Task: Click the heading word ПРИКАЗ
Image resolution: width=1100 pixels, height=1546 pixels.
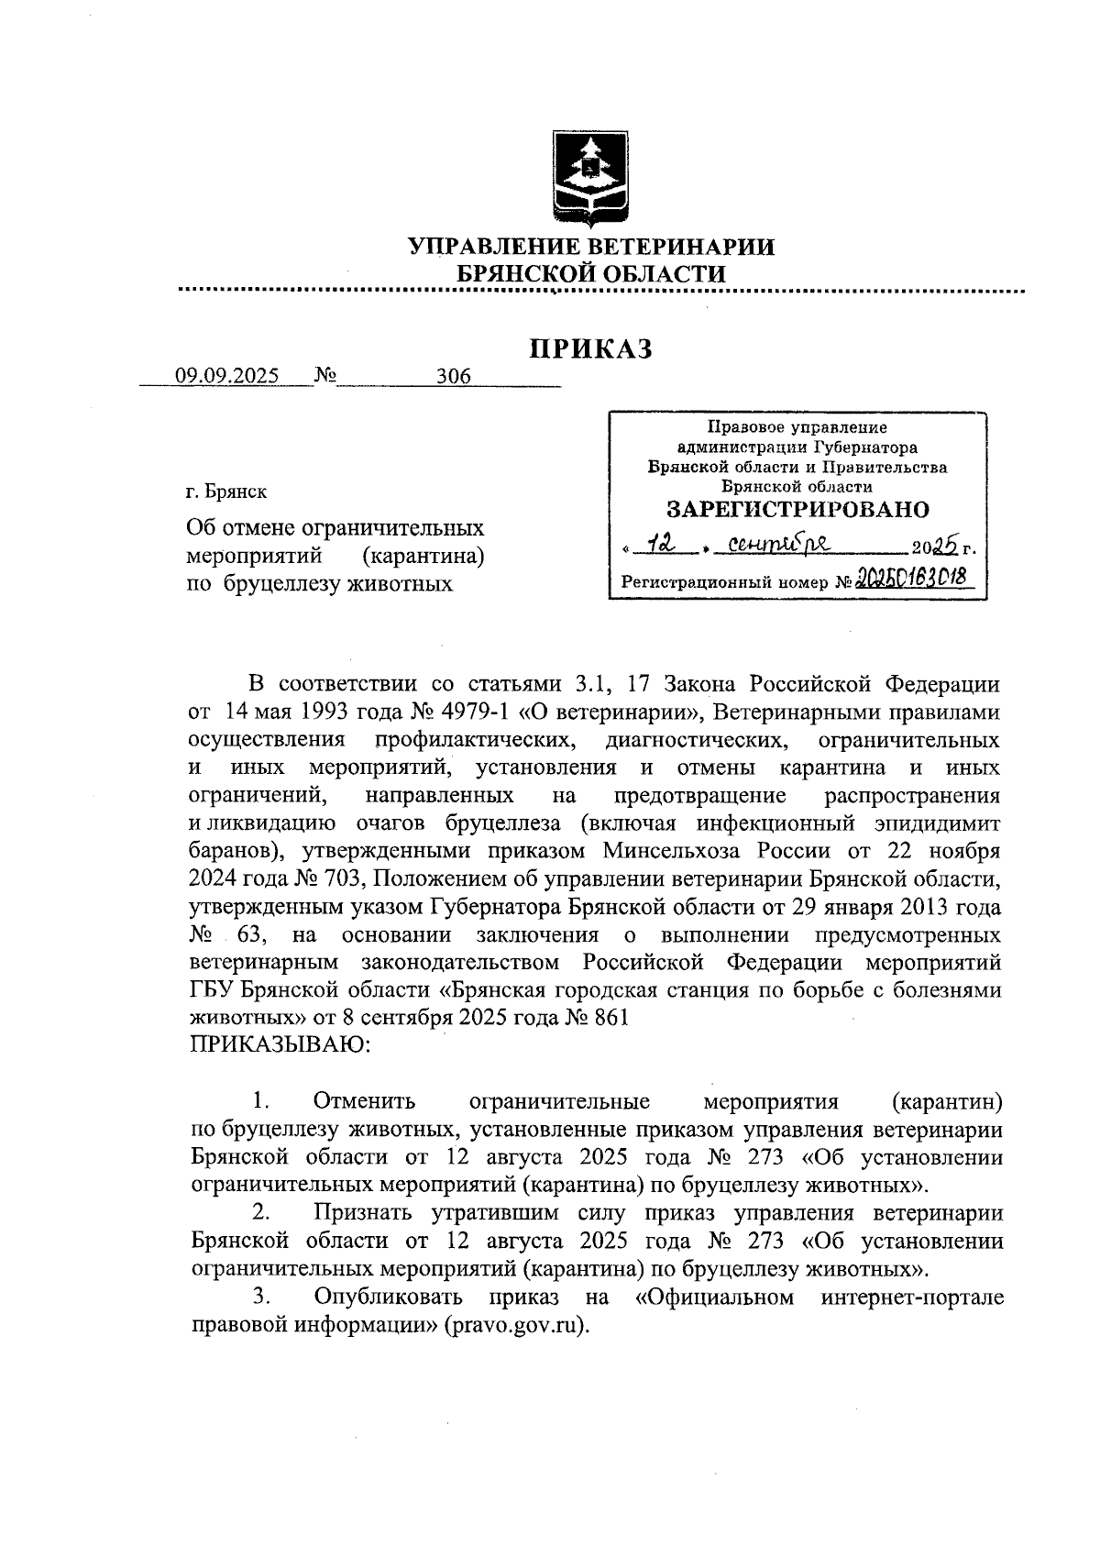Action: [x=591, y=348]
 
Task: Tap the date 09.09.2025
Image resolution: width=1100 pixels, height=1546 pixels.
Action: [x=227, y=376]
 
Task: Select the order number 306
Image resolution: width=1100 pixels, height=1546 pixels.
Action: [x=453, y=376]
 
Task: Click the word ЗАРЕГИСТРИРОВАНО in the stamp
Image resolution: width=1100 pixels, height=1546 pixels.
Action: [x=797, y=510]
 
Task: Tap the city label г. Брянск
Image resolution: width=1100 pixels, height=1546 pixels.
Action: [x=226, y=491]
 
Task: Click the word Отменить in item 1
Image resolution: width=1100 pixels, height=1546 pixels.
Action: [x=364, y=1100]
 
